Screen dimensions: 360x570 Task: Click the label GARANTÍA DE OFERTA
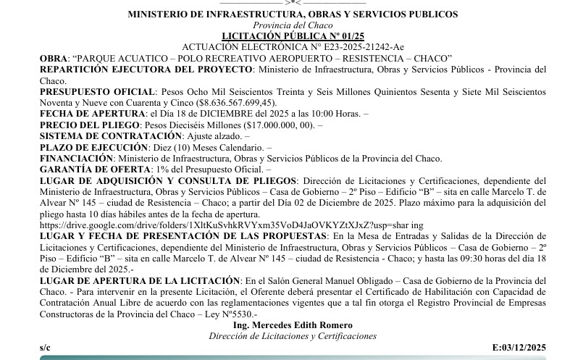(89, 169)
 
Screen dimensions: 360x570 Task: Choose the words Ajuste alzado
(208, 135)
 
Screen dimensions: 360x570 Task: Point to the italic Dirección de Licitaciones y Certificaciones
(293, 336)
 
